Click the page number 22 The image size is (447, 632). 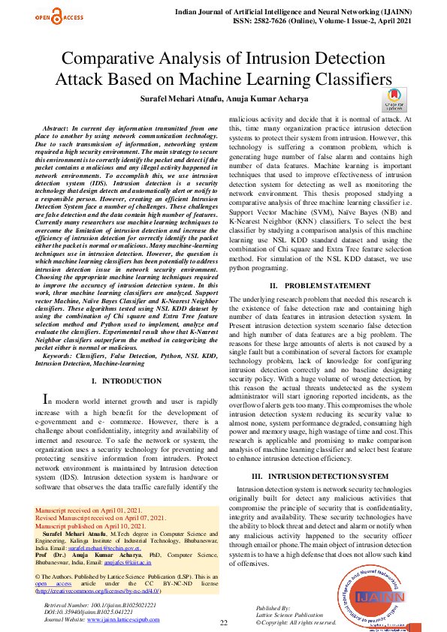pyautogui.click(x=223, y=623)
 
